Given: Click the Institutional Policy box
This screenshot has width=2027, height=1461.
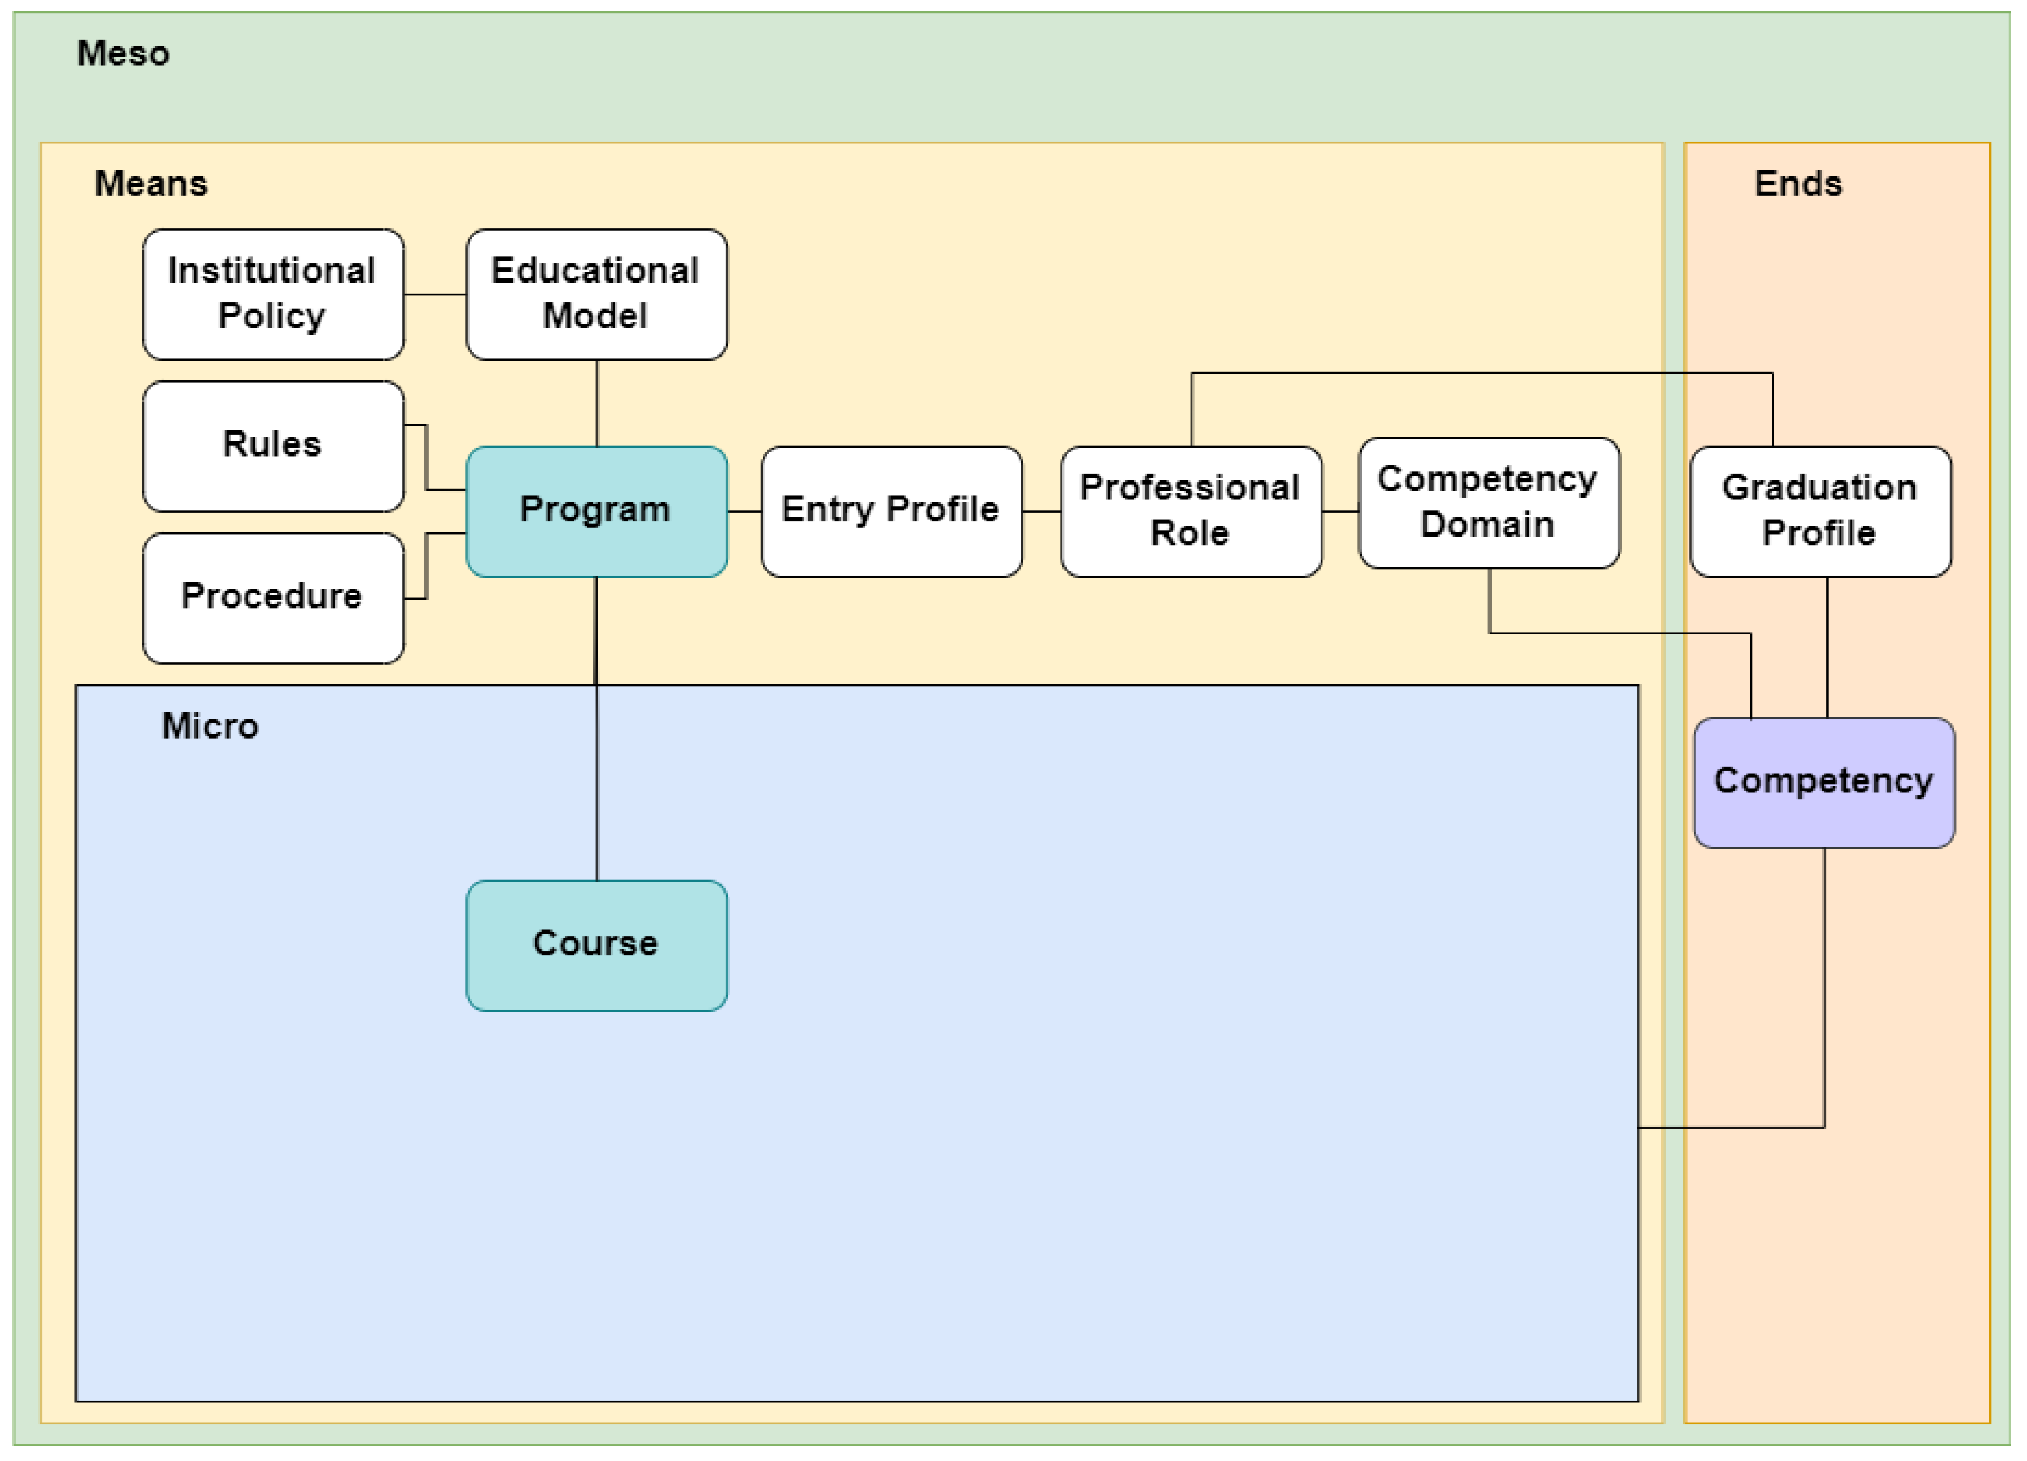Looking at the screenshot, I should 272,294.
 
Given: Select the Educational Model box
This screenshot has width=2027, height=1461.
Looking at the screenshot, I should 596,294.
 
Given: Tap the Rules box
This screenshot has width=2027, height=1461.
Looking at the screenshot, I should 272,446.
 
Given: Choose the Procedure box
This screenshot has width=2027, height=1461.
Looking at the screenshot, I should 272,598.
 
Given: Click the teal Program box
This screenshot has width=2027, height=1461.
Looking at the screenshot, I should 596,511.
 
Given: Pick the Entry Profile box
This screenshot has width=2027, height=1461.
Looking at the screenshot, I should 891,511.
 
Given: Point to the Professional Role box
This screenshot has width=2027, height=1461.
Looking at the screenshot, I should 1191,511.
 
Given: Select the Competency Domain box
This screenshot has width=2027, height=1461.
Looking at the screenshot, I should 1488,502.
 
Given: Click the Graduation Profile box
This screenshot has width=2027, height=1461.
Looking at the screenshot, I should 1819,511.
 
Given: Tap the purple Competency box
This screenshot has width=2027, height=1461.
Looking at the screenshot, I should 1823,782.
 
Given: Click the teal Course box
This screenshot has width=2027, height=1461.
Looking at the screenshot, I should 596,944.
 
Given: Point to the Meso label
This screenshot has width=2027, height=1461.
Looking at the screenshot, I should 123,54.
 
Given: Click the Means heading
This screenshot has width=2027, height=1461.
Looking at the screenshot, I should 151,184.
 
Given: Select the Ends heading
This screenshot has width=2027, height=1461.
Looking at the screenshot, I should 1797,184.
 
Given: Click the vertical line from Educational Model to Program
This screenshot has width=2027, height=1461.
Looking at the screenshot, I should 596,403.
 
